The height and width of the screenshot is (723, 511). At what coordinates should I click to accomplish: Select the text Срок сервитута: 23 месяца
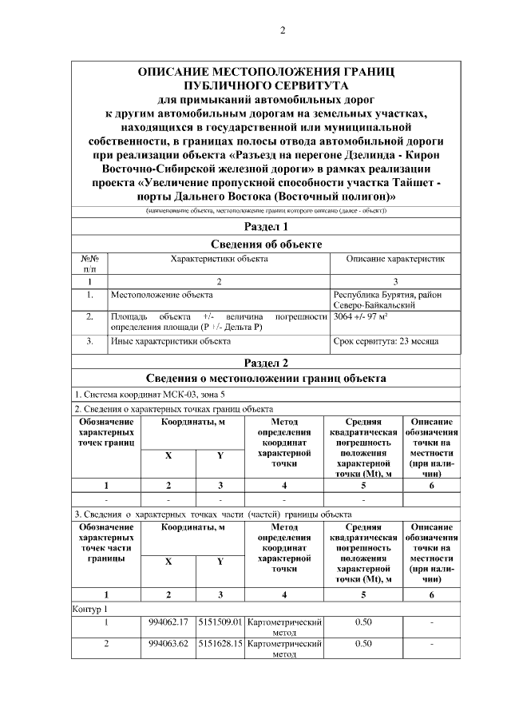385,341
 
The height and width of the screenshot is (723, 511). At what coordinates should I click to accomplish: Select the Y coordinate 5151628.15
220,643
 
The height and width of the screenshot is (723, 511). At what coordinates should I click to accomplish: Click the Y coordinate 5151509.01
220,621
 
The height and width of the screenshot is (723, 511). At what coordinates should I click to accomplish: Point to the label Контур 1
89,609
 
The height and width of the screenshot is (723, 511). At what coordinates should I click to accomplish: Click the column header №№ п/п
89,264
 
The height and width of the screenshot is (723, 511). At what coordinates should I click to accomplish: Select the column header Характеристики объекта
219,260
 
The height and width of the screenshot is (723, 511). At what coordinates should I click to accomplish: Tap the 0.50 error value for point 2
363,643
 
